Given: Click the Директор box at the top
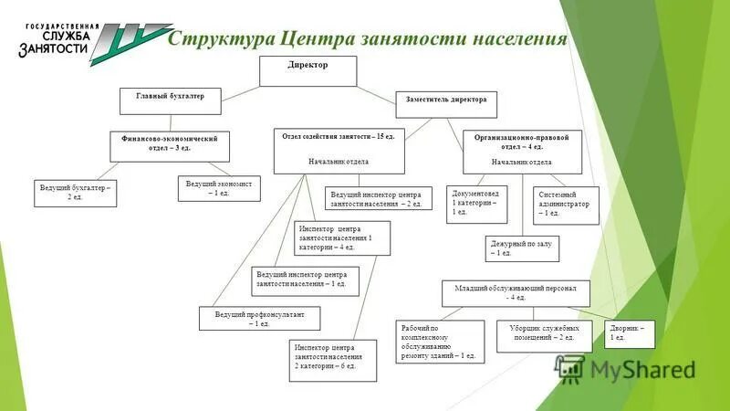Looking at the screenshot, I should (x=308, y=70).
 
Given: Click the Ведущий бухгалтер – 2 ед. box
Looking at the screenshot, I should (x=76, y=193).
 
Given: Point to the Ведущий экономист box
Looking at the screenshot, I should (x=219, y=188).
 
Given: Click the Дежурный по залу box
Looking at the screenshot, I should (x=520, y=248).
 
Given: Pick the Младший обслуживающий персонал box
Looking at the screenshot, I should (x=516, y=292).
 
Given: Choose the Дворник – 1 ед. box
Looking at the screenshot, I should (x=630, y=333).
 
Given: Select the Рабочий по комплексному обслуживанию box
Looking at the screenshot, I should (x=441, y=342).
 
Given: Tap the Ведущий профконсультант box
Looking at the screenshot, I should (x=260, y=319).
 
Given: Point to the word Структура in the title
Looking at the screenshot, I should (x=224, y=39).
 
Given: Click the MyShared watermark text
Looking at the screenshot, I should (x=642, y=369).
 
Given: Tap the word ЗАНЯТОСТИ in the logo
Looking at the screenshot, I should (x=54, y=49).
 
